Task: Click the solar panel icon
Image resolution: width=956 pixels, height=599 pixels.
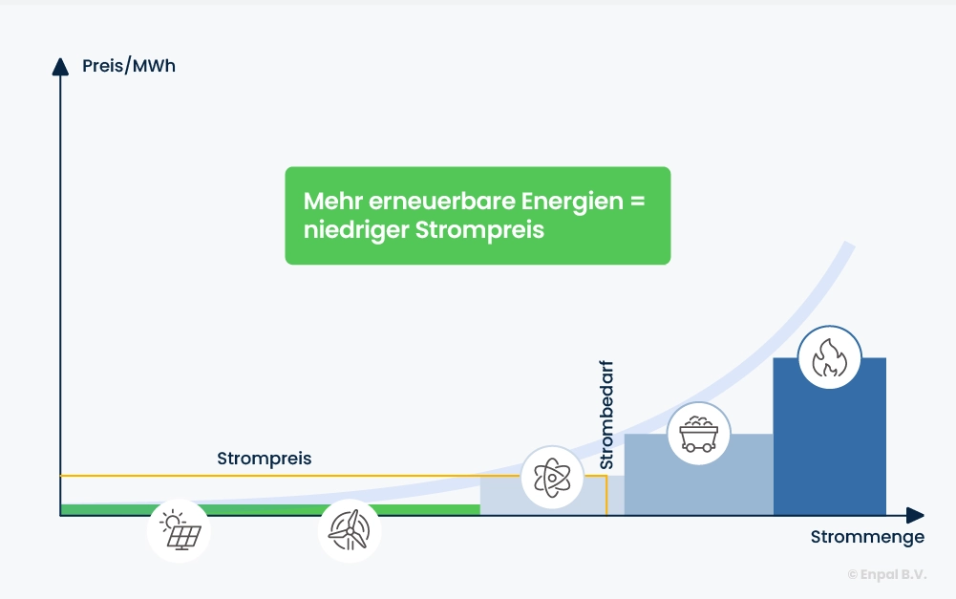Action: (x=179, y=530)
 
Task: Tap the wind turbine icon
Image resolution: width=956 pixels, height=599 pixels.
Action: (x=350, y=530)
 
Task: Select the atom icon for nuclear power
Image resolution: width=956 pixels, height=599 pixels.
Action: (x=552, y=477)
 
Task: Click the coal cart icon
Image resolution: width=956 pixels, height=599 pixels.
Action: (x=698, y=434)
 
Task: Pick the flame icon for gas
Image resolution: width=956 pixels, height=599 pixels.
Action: (x=829, y=357)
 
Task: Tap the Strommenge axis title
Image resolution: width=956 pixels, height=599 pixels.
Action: (x=867, y=537)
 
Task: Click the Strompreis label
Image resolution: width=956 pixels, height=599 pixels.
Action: (x=265, y=459)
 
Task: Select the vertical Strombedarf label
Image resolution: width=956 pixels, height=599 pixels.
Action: (x=606, y=415)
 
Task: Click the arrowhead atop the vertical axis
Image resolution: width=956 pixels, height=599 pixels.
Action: (x=60, y=65)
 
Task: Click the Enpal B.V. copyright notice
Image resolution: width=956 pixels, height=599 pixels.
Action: (x=886, y=574)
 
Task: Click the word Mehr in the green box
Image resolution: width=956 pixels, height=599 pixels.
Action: (x=330, y=203)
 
